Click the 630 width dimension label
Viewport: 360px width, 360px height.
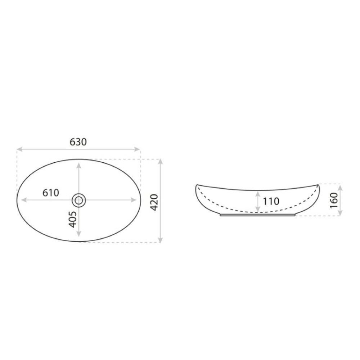[78, 142]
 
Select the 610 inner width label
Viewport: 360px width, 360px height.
[51, 193]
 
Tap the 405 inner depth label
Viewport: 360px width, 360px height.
[73, 219]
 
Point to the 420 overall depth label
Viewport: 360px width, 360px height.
[154, 202]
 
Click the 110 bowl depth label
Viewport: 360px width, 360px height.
[271, 201]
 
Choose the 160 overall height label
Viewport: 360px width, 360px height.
[334, 201]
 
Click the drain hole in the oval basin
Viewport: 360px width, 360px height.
[79, 201]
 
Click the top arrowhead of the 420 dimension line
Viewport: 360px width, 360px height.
[161, 161]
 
